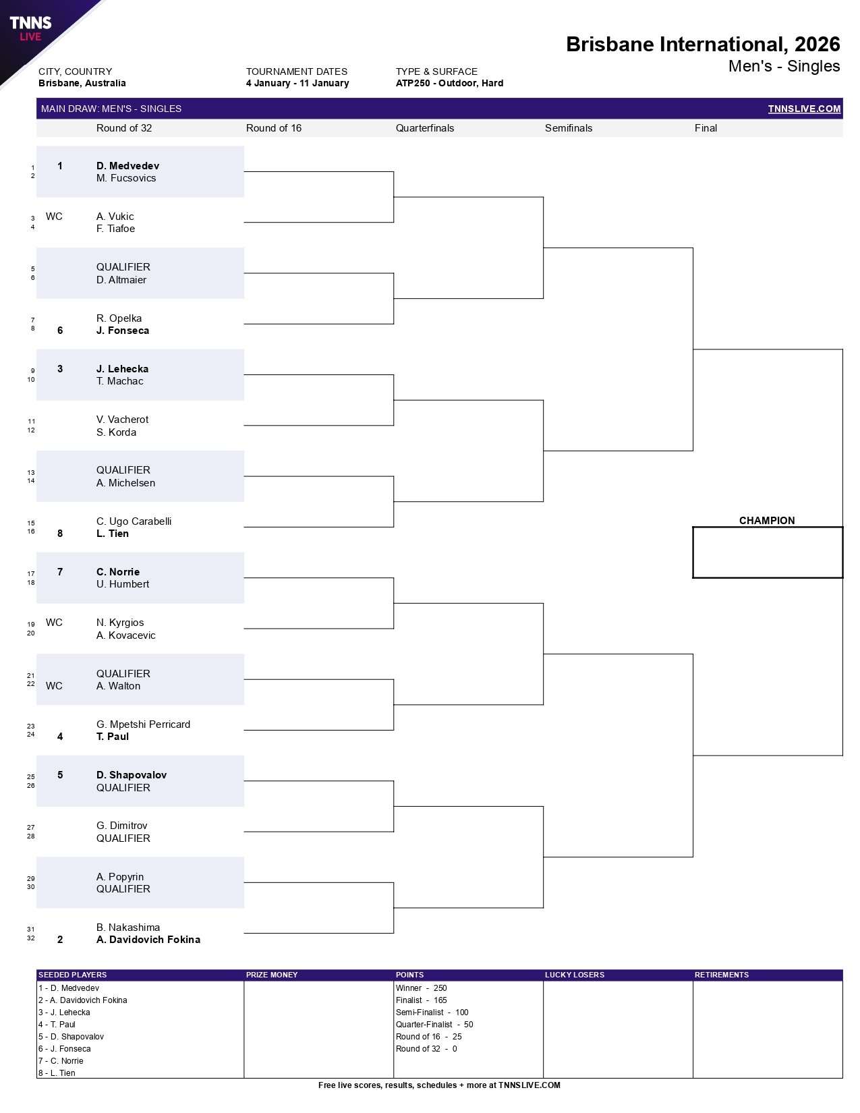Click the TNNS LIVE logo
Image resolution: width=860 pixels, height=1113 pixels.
30,28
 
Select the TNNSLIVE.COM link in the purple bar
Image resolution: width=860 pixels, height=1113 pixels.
804,109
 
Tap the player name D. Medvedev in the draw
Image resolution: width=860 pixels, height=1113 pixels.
127,166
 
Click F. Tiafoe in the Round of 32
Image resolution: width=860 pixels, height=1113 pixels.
115,229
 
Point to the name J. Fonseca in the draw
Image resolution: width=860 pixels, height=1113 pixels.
123,331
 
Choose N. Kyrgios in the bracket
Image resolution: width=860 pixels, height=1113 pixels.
120,623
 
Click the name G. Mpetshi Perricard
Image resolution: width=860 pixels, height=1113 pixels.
143,724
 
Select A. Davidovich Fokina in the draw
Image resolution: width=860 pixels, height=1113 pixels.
148,940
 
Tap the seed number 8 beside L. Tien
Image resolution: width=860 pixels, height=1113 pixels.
60,534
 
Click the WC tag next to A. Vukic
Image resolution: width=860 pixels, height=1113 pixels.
54,217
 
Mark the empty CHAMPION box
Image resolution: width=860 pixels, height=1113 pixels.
768,552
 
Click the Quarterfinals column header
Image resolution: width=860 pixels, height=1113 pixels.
425,128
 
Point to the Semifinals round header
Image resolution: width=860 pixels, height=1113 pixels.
569,128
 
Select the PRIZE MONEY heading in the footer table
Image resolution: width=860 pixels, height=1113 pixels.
272,975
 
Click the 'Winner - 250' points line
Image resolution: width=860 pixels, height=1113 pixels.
422,988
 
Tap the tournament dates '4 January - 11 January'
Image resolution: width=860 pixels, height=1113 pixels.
297,84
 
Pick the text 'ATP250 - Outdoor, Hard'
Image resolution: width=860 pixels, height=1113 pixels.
449,84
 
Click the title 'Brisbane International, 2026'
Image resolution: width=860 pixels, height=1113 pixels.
703,45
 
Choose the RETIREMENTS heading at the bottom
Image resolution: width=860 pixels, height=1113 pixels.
722,975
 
